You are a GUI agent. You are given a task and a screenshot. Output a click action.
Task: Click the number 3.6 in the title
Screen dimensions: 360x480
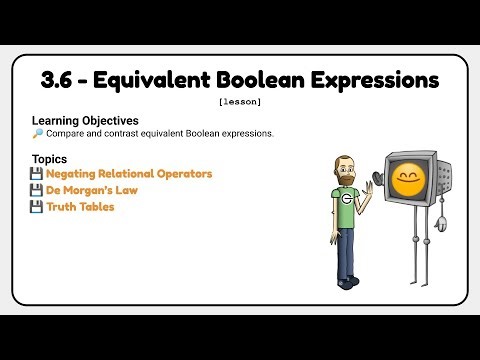tap(62, 78)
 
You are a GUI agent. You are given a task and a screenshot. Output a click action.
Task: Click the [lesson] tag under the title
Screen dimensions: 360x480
tap(239, 101)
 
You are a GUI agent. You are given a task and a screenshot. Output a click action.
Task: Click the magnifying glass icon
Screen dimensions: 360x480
tap(37, 133)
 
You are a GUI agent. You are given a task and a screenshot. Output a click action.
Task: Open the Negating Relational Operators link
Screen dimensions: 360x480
tap(129, 174)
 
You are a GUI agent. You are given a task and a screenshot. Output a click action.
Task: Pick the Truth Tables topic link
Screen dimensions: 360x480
tap(80, 207)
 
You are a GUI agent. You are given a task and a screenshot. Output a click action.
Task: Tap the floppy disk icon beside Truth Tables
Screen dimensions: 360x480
tap(37, 207)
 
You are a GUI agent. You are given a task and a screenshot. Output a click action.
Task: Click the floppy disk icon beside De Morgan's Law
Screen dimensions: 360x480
tap(37, 190)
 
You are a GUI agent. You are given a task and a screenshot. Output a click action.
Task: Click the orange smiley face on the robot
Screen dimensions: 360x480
tap(408, 181)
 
